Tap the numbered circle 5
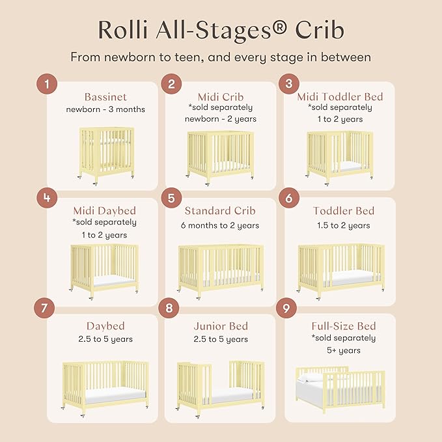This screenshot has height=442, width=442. [171, 197]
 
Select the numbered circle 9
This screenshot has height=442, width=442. [286, 309]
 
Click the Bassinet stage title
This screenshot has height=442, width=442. [105, 98]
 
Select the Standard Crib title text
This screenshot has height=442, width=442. [221, 211]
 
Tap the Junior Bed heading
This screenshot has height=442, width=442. [221, 326]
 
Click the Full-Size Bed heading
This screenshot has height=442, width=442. [344, 326]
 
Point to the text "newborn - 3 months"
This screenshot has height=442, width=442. [105, 109]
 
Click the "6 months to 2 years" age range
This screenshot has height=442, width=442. [221, 226]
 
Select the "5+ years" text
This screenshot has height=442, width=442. [344, 350]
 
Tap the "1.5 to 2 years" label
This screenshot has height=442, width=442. [341, 226]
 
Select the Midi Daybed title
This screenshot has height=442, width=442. [105, 211]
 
